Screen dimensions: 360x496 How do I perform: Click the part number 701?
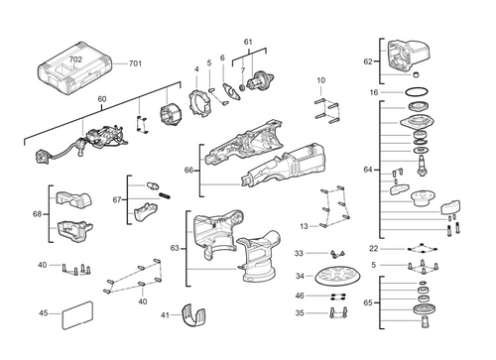click(135, 64)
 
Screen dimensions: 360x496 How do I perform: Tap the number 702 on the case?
click(75, 60)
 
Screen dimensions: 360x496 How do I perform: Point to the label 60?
click(101, 99)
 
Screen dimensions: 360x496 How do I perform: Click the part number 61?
click(248, 42)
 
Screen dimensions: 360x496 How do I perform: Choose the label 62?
click(368, 61)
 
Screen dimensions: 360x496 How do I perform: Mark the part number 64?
click(368, 170)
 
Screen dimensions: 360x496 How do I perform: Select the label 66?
click(187, 171)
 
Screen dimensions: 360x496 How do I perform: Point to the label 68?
click(38, 214)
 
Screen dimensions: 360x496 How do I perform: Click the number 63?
click(176, 247)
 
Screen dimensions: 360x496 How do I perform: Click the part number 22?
click(373, 248)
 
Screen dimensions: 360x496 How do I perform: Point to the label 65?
click(368, 300)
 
